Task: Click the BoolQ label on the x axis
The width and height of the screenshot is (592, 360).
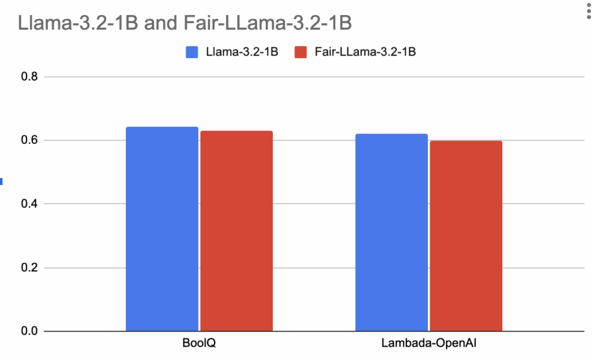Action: (x=199, y=344)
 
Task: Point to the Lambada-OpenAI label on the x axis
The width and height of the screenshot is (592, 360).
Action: (x=428, y=344)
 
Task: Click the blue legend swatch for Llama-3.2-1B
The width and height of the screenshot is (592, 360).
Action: (x=192, y=52)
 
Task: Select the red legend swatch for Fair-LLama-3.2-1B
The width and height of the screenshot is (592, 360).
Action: (x=301, y=52)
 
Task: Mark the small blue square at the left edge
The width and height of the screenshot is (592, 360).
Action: (x=1, y=181)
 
